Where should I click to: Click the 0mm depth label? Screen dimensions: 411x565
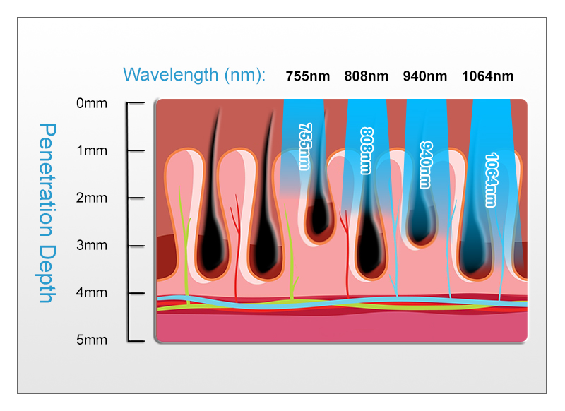click(x=92, y=104)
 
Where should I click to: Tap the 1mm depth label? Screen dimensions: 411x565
click(x=92, y=151)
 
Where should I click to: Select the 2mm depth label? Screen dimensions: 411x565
click(x=92, y=198)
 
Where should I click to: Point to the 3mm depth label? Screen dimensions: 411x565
click(x=92, y=246)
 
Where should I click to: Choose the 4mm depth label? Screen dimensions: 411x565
click(x=92, y=293)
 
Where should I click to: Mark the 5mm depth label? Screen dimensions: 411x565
click(x=92, y=340)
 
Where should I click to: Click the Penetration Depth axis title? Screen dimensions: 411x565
click(x=47, y=213)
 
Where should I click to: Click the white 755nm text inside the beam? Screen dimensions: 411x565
click(x=304, y=147)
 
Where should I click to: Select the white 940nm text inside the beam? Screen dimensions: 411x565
click(x=425, y=164)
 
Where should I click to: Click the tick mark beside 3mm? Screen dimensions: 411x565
click(x=136, y=246)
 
